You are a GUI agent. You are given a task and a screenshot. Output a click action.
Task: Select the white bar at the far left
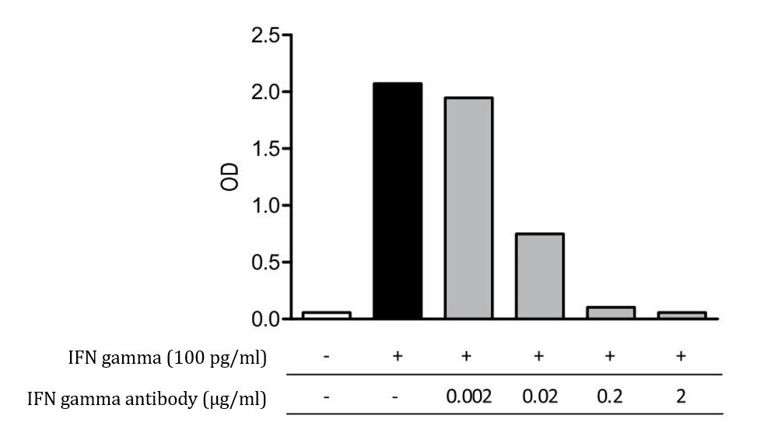click(326, 315)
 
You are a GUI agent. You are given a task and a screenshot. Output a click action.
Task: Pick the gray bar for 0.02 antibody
click(540, 276)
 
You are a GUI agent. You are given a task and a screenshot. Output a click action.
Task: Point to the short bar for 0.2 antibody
click(611, 312)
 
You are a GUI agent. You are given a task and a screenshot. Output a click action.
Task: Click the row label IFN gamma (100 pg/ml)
click(166, 358)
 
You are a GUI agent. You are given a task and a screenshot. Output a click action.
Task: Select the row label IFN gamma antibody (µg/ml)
click(147, 400)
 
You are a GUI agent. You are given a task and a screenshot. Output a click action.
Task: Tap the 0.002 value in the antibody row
click(468, 398)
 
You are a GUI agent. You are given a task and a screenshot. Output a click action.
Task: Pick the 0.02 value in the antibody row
click(540, 398)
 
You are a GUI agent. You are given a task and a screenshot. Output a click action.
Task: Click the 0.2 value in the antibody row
click(611, 398)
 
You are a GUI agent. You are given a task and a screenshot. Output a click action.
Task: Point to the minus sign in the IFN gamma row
click(327, 357)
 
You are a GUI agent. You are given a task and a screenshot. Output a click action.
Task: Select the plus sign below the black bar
click(397, 357)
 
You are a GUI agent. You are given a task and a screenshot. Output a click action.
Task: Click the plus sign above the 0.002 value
click(468, 357)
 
